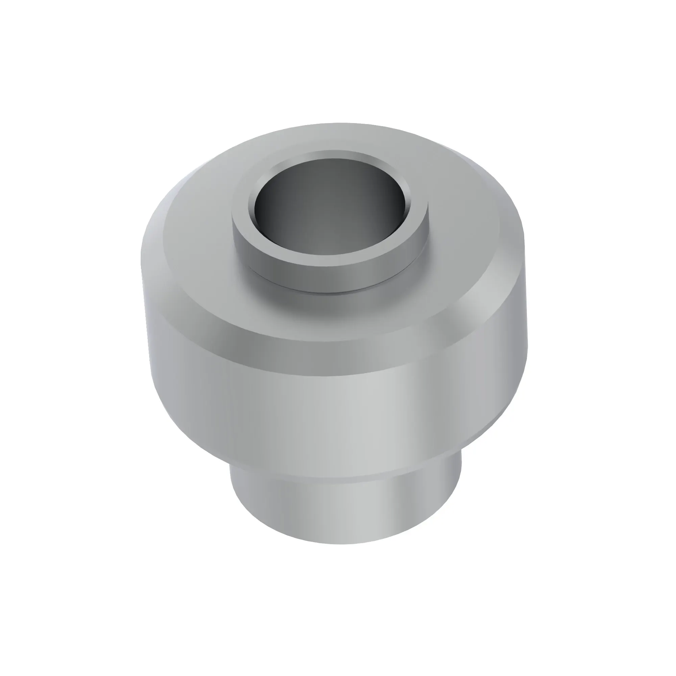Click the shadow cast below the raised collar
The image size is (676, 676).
tap(315, 308)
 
